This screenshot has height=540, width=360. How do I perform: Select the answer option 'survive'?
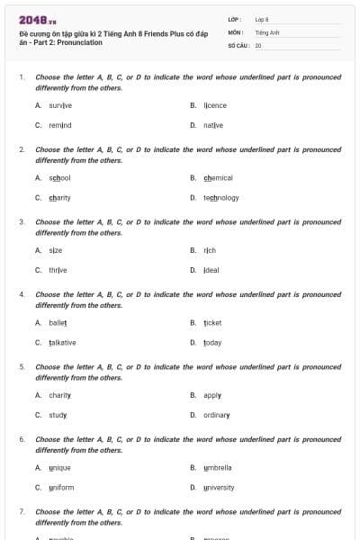pyautogui.click(x=60, y=105)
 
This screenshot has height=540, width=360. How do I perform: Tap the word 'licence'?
pyautogui.click(x=214, y=105)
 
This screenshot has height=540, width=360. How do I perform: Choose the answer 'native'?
pyautogui.click(x=212, y=125)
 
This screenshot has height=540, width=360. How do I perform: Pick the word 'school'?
pyautogui.click(x=59, y=178)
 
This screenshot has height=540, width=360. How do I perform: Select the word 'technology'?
pyautogui.click(x=220, y=198)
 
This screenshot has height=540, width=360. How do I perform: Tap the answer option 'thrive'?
pyautogui.click(x=58, y=270)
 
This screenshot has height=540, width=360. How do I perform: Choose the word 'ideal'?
pyautogui.click(x=211, y=270)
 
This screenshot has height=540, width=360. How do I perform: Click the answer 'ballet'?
pyautogui.click(x=58, y=322)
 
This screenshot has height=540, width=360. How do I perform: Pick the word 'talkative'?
pyautogui.click(x=62, y=342)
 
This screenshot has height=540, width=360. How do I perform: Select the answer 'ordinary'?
pyautogui.click(x=216, y=415)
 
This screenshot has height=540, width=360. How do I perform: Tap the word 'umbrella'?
pyautogui.click(x=217, y=467)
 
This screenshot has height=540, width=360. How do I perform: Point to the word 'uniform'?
pyautogui.click(x=61, y=487)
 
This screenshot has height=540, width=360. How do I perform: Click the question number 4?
pyautogui.click(x=22, y=294)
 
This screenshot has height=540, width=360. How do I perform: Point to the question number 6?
pyautogui.click(x=22, y=438)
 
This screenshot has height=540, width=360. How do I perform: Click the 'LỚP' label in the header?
pyautogui.click(x=234, y=19)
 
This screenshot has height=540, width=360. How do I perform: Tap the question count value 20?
pyautogui.click(x=258, y=44)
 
